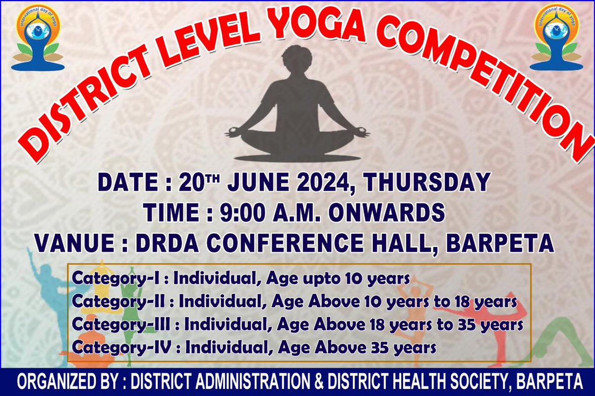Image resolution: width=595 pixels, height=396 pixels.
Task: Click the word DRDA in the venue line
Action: coord(168,244)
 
